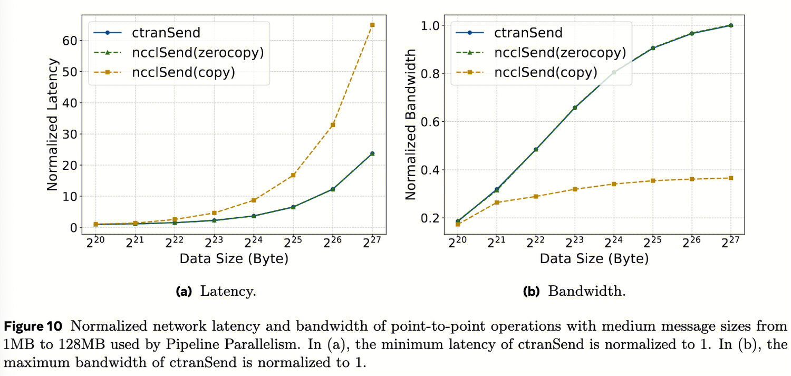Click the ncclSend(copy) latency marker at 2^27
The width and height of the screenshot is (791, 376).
[372, 25]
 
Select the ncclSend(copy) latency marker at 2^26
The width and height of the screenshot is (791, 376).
[333, 125]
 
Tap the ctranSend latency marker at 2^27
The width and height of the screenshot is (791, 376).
[372, 153]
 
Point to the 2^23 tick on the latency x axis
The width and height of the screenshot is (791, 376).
[214, 242]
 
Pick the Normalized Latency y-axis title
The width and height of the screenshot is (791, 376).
[52, 125]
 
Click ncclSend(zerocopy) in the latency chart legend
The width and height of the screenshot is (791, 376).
[198, 52]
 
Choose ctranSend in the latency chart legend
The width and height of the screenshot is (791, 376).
[167, 33]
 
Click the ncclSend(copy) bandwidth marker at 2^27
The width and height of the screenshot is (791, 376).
[731, 178]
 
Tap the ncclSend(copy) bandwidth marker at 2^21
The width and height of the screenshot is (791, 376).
[496, 203]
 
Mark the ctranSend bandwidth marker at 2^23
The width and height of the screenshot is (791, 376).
[574, 108]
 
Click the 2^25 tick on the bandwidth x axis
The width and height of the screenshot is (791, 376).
[653, 242]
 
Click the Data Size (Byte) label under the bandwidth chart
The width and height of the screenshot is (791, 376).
[594, 259]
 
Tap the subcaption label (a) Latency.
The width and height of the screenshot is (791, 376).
[216, 291]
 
